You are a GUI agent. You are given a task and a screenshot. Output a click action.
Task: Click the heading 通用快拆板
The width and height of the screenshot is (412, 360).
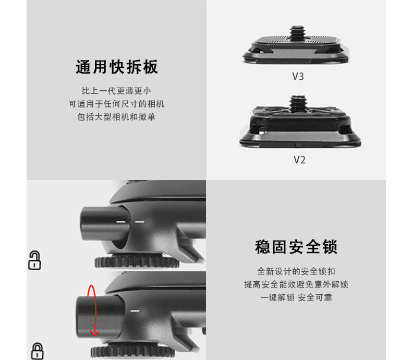click(117, 67)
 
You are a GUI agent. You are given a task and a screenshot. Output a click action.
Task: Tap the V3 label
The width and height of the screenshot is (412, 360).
click(298, 77)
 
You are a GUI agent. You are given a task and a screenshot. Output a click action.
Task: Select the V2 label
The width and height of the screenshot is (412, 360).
click(299, 160)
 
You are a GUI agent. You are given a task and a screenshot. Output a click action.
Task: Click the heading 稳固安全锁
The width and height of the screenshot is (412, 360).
click(296, 246)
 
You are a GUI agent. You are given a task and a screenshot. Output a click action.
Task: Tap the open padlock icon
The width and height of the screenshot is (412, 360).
click(34, 260)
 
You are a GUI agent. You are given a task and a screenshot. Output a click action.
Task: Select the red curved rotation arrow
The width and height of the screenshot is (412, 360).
click(92, 310)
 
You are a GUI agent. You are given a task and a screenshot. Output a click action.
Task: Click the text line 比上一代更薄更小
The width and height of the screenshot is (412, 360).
click(117, 91)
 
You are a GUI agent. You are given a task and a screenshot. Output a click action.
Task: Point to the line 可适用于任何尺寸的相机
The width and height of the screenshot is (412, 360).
click(117, 104)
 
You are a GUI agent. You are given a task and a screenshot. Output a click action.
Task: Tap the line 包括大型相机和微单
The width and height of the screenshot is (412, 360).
click(117, 117)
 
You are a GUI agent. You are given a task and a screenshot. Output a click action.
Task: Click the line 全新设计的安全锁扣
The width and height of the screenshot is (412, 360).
click(296, 271)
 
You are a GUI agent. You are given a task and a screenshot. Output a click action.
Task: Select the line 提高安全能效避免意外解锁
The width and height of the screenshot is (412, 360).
click(296, 284)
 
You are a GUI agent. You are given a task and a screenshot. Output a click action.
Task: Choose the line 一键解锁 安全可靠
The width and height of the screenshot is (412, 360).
click(296, 297)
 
